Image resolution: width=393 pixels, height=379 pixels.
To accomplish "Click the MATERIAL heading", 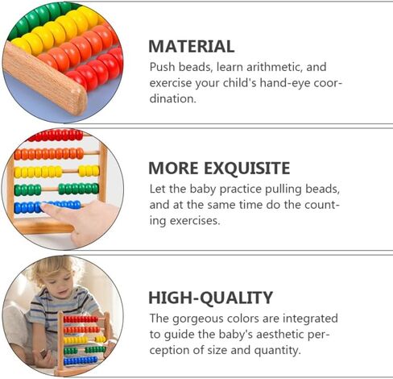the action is (192, 47).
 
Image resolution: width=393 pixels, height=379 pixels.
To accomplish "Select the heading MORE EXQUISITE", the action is (219, 169).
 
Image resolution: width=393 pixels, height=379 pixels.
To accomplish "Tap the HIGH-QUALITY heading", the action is (211, 298).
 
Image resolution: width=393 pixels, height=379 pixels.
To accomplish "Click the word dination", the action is (172, 98).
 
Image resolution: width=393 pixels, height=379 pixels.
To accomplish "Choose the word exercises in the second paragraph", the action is (195, 221).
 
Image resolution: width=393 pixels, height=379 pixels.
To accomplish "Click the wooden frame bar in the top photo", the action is (44, 79).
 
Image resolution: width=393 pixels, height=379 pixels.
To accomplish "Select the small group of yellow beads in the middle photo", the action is (89, 171).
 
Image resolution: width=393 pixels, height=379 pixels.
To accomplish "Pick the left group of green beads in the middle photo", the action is (27, 189).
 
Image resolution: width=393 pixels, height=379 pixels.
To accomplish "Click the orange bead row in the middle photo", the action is (49, 154).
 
